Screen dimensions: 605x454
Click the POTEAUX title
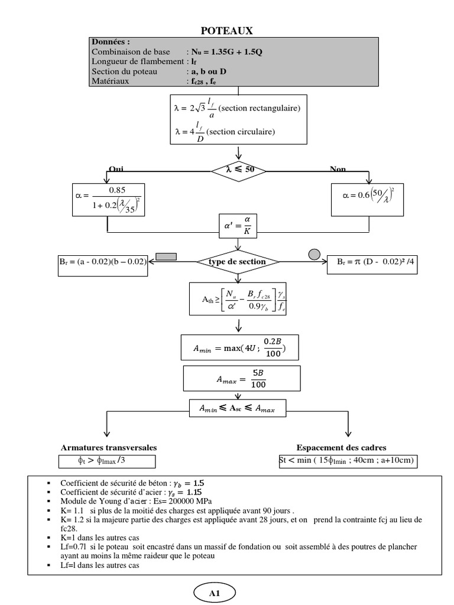coord(228,31)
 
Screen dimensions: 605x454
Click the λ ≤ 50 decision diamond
coord(238,170)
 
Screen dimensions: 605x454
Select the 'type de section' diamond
coord(238,261)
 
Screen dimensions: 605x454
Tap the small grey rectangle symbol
coord(166,256)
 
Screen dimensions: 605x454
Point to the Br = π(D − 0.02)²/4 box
coord(377,262)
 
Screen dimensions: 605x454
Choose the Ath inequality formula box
coord(239,301)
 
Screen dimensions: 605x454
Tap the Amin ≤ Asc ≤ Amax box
coord(238,409)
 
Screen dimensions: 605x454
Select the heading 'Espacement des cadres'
coord(345,448)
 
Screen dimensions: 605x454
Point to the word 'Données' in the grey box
coord(110,42)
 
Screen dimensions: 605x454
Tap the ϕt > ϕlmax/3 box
coord(107,461)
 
